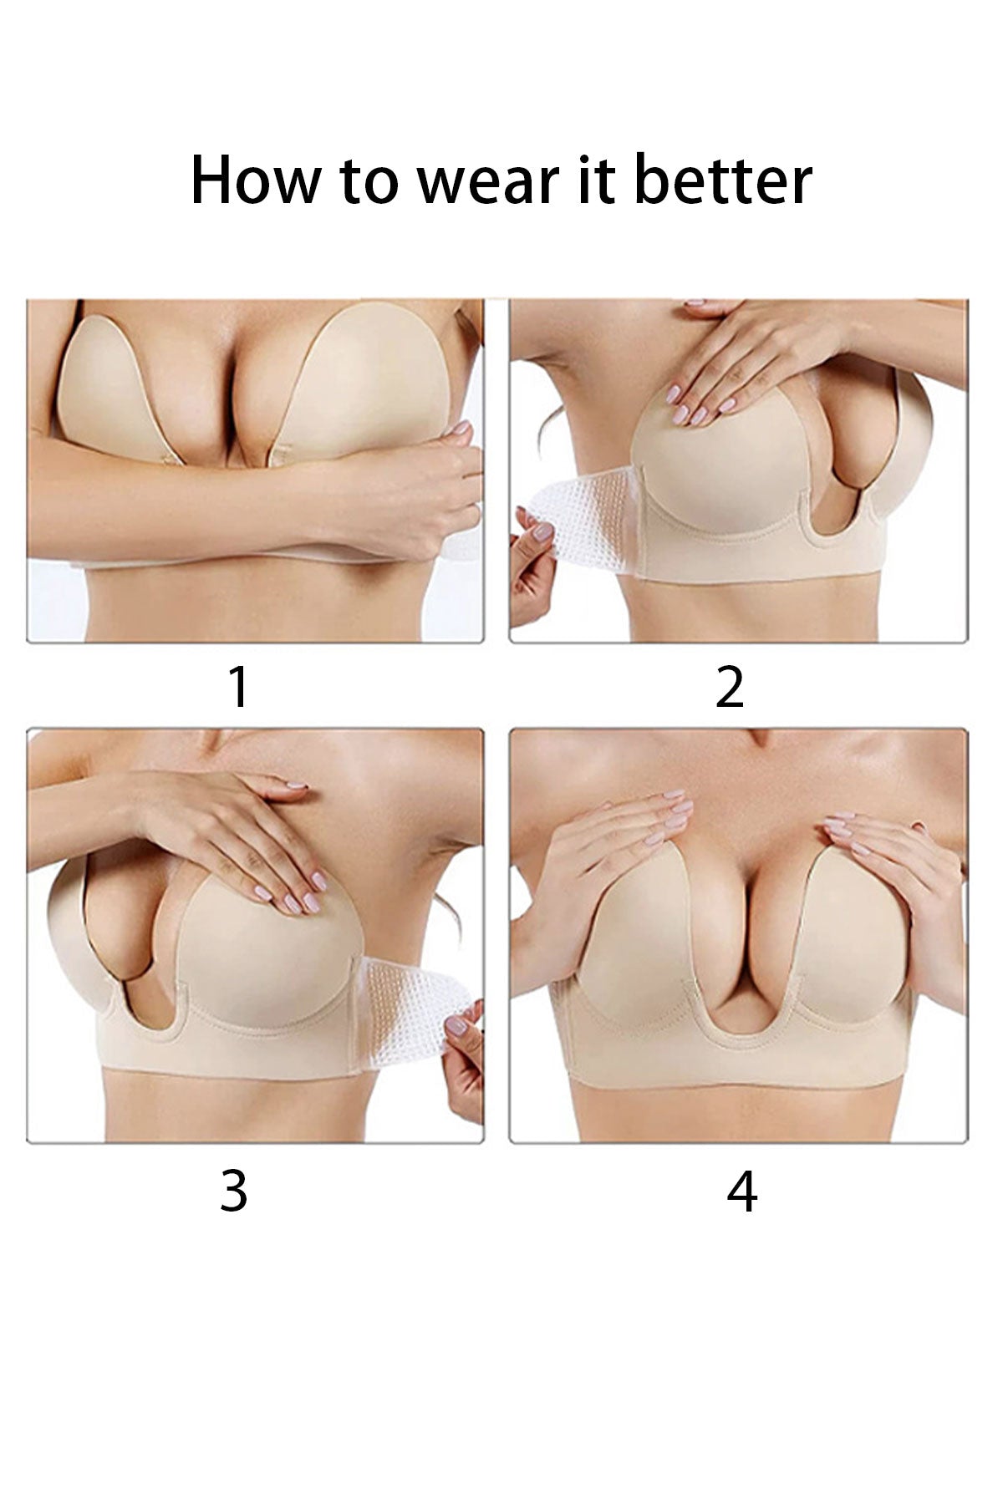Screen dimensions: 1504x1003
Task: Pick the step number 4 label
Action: click(x=741, y=1192)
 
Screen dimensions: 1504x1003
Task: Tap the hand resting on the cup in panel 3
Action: click(x=242, y=827)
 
